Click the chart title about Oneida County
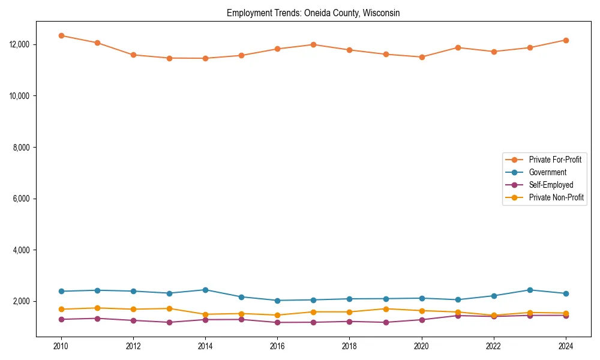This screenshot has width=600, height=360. coord(313,13)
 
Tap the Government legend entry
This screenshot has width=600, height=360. coord(547,172)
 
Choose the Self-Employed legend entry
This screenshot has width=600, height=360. coord(551,185)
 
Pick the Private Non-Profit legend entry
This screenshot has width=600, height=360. coord(556,197)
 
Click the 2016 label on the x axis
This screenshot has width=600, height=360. coord(277,346)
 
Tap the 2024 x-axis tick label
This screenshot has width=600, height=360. coord(565,346)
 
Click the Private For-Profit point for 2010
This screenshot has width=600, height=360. coord(61,35)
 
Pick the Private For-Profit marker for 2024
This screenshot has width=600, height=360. coord(565,40)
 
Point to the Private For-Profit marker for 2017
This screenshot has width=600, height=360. coord(313,44)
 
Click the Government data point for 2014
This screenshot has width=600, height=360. coord(205,290)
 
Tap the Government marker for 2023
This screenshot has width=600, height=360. coord(529,290)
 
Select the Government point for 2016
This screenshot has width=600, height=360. coord(277,301)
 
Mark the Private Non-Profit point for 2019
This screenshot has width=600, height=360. coord(385,309)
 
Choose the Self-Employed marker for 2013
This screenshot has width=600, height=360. coord(169,322)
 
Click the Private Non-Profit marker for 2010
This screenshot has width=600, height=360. coord(61,309)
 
